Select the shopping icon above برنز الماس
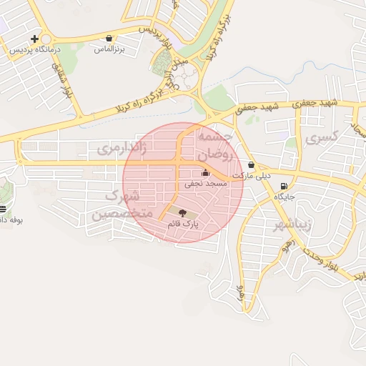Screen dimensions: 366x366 [109, 39]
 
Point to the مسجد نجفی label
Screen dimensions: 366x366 [206, 184]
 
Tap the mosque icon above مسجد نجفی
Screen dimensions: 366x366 [206, 172]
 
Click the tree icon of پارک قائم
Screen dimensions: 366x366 [182, 212]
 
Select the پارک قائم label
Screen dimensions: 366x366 [182, 224]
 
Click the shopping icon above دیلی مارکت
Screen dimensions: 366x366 [251, 165]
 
